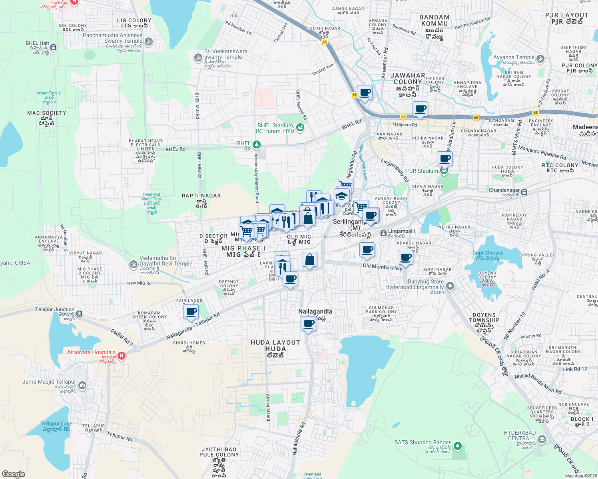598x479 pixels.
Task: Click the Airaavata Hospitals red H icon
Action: point(122,355)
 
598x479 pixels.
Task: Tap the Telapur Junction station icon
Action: point(80,313)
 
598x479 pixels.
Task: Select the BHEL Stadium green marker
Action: point(300,128)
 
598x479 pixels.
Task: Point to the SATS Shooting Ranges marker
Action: point(458,446)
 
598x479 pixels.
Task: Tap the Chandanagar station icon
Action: point(524,192)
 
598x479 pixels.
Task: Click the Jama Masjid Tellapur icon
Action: point(82,385)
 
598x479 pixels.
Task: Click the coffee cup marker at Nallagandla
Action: point(308,323)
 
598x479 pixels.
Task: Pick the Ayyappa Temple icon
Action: point(540,59)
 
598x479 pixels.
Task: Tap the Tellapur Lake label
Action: point(56,426)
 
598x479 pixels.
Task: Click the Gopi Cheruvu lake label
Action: point(488,255)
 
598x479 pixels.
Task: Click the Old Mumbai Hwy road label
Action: point(383,267)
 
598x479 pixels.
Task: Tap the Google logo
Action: point(14,474)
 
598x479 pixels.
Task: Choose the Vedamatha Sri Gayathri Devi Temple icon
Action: point(133,264)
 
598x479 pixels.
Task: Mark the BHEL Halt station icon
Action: point(54,48)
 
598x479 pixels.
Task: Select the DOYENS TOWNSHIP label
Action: point(484,317)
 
